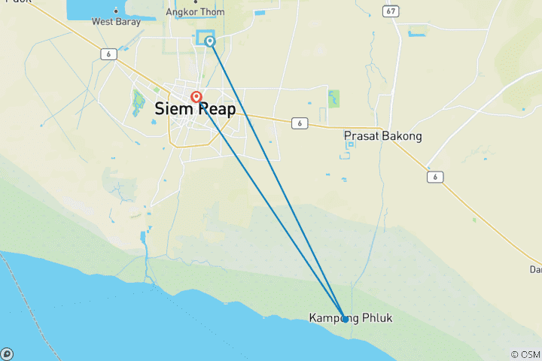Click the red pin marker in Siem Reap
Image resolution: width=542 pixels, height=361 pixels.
click(196, 96)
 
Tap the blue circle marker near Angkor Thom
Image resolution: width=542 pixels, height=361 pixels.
click(210, 41)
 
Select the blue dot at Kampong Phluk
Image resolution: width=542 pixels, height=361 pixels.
click(345, 319)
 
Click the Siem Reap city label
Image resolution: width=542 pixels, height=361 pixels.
click(195, 109)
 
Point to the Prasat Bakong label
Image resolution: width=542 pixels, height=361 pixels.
click(382, 137)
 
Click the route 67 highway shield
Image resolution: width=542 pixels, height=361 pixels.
click(389, 11)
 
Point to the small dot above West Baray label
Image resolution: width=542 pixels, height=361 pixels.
click(116, 11)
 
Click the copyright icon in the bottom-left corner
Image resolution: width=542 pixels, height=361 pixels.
click(6, 353)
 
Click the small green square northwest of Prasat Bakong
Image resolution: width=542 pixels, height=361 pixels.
click(333, 99)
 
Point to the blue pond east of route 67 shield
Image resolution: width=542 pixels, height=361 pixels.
click(416, 32)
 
